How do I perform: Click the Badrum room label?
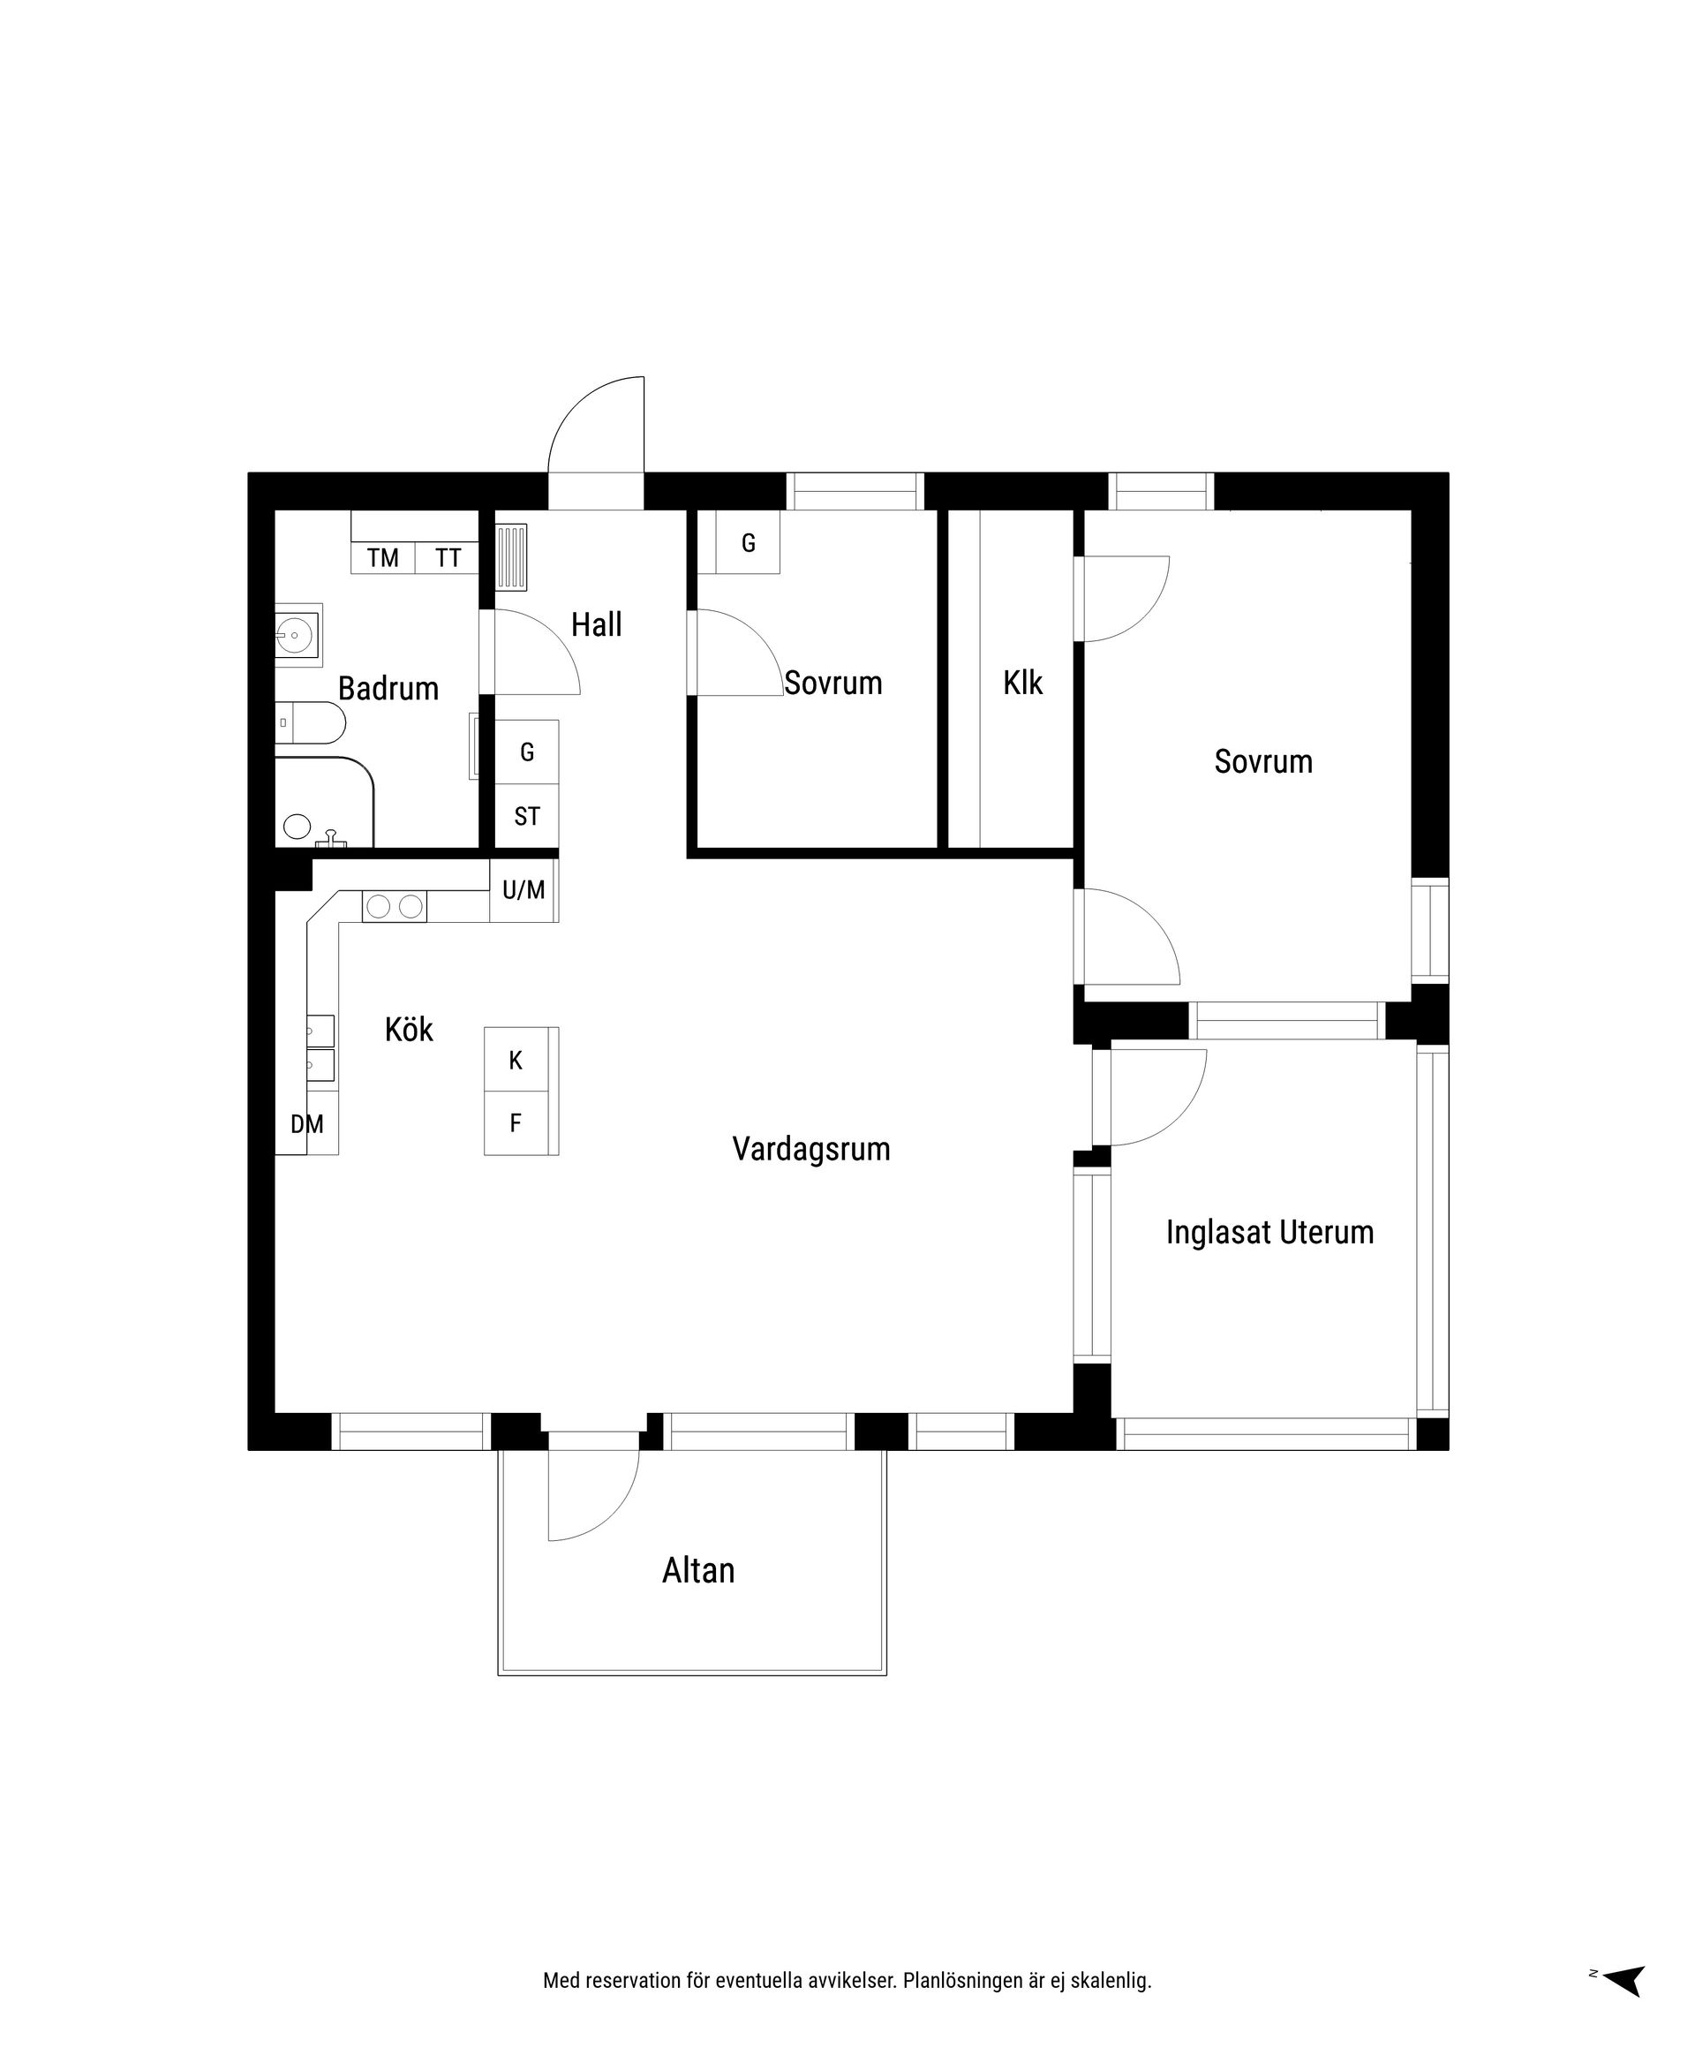click(x=388, y=689)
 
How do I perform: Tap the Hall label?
click(x=596, y=624)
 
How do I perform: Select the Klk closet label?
click(x=1022, y=683)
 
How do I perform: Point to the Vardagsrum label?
click(x=810, y=1149)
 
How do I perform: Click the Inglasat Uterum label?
click(x=1269, y=1232)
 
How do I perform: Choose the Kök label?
click(x=408, y=1030)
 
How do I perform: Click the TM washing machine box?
click(x=383, y=558)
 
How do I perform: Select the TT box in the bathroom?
click(x=448, y=558)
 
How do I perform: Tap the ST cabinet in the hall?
click(x=526, y=816)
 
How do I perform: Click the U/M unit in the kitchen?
click(x=524, y=890)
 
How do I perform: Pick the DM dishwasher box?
click(x=306, y=1124)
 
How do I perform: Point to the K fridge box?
click(x=516, y=1060)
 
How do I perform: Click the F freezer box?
click(x=516, y=1123)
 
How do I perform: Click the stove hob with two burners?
click(x=395, y=906)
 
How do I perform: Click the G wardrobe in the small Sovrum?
click(x=748, y=543)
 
